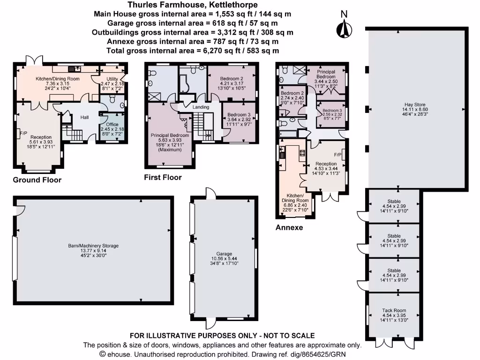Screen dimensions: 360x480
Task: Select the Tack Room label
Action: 394,310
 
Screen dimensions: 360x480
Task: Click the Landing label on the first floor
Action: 201,107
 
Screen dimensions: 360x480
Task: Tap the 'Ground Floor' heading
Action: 37,180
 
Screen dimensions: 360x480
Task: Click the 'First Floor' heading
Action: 163,177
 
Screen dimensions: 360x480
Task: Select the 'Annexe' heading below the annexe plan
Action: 289,228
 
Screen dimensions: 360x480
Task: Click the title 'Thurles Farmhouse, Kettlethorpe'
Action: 193,5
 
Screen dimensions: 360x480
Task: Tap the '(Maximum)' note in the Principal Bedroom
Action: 169,150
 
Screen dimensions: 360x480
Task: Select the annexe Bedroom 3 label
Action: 332,111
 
